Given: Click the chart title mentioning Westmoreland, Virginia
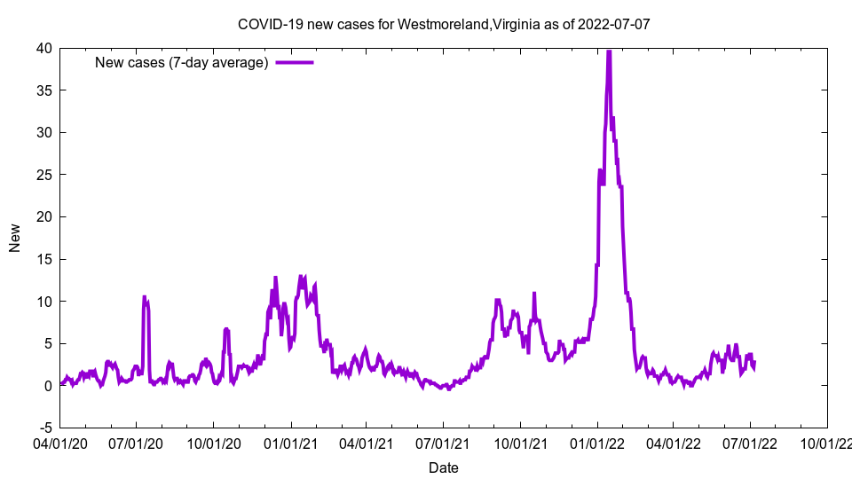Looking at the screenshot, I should [x=444, y=24].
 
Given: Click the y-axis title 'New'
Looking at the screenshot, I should [x=15, y=238].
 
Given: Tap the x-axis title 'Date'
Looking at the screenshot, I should [x=444, y=467].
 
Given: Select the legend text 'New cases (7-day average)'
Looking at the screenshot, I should [x=182, y=62].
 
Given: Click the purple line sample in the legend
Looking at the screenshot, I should [x=295, y=62].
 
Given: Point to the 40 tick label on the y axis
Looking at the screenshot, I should [x=43, y=48].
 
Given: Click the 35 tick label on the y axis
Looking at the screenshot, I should [x=43, y=90].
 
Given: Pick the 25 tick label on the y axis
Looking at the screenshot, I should [x=43, y=175].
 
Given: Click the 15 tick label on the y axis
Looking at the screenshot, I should [x=43, y=259].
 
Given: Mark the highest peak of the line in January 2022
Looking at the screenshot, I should [x=609, y=51].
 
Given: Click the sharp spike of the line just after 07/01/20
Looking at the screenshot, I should [x=145, y=297].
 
